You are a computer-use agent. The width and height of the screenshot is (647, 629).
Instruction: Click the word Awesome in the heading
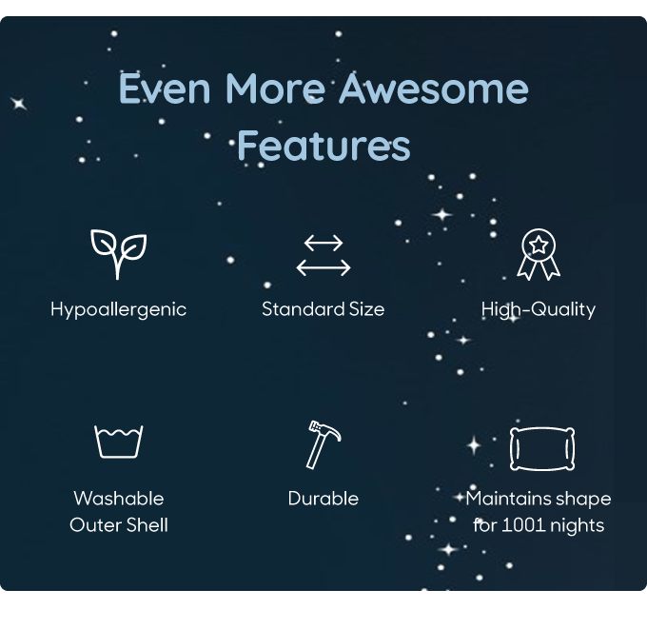(x=434, y=88)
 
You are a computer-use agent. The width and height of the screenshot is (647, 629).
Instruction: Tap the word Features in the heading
(x=323, y=145)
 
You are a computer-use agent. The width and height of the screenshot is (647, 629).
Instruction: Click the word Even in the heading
(x=165, y=88)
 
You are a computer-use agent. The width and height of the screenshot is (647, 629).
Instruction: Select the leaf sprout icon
(x=118, y=254)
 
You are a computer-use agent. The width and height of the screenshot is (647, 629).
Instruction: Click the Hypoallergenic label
(x=118, y=310)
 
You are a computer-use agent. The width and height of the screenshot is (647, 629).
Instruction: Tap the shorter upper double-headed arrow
(x=323, y=243)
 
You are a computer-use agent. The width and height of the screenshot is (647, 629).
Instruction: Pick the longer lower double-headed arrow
(x=323, y=267)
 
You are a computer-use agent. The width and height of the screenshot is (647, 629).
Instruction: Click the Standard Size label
(x=323, y=309)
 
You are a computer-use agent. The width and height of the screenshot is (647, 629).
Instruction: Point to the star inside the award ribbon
(x=539, y=246)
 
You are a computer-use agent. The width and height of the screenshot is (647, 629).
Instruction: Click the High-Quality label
(x=539, y=309)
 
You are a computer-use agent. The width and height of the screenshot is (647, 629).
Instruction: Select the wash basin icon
(x=118, y=442)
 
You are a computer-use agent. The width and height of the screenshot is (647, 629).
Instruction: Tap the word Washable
(x=119, y=499)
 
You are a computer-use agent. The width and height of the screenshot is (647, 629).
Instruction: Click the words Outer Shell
(x=119, y=525)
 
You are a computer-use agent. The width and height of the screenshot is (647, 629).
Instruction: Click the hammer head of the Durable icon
(x=325, y=430)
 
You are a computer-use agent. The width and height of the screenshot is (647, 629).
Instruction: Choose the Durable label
(x=323, y=499)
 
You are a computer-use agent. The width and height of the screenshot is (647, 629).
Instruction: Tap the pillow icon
(x=542, y=449)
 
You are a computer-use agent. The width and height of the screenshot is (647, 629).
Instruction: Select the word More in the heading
(x=275, y=88)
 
